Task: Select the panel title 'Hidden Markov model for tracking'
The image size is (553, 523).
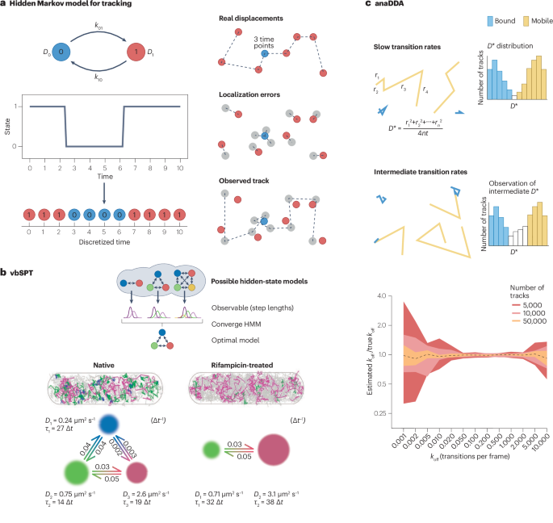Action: pyautogui.click(x=72, y=6)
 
